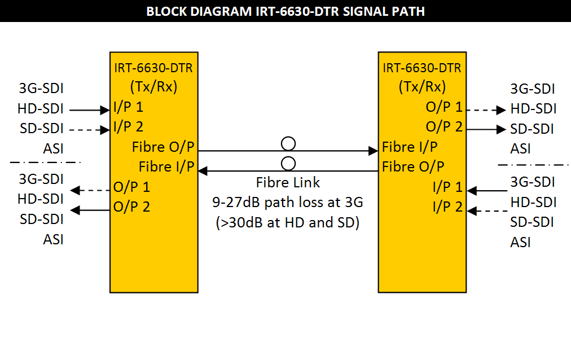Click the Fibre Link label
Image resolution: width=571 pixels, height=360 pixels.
click(288, 183)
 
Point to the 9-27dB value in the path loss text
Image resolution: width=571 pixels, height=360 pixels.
click(231, 203)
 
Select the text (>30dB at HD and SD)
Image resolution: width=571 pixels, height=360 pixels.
click(288, 222)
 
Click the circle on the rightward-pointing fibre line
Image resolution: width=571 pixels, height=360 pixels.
click(288, 143)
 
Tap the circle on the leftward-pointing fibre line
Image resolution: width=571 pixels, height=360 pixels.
click(288, 164)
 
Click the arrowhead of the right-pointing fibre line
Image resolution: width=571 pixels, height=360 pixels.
click(373, 151)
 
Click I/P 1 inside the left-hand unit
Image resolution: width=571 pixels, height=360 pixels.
click(128, 107)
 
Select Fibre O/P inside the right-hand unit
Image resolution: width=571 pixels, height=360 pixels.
click(413, 167)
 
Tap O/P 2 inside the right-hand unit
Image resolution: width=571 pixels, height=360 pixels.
click(444, 127)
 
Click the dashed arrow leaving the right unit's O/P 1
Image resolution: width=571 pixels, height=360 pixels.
click(487, 110)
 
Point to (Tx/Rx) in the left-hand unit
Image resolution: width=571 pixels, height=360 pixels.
click(153, 87)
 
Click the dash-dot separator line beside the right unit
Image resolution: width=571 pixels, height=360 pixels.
click(534, 165)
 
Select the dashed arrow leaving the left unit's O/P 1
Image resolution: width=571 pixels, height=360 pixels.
click(90, 191)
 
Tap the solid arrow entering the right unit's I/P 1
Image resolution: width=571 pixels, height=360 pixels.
click(487, 191)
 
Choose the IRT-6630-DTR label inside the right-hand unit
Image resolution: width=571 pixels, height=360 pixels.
click(422, 68)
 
